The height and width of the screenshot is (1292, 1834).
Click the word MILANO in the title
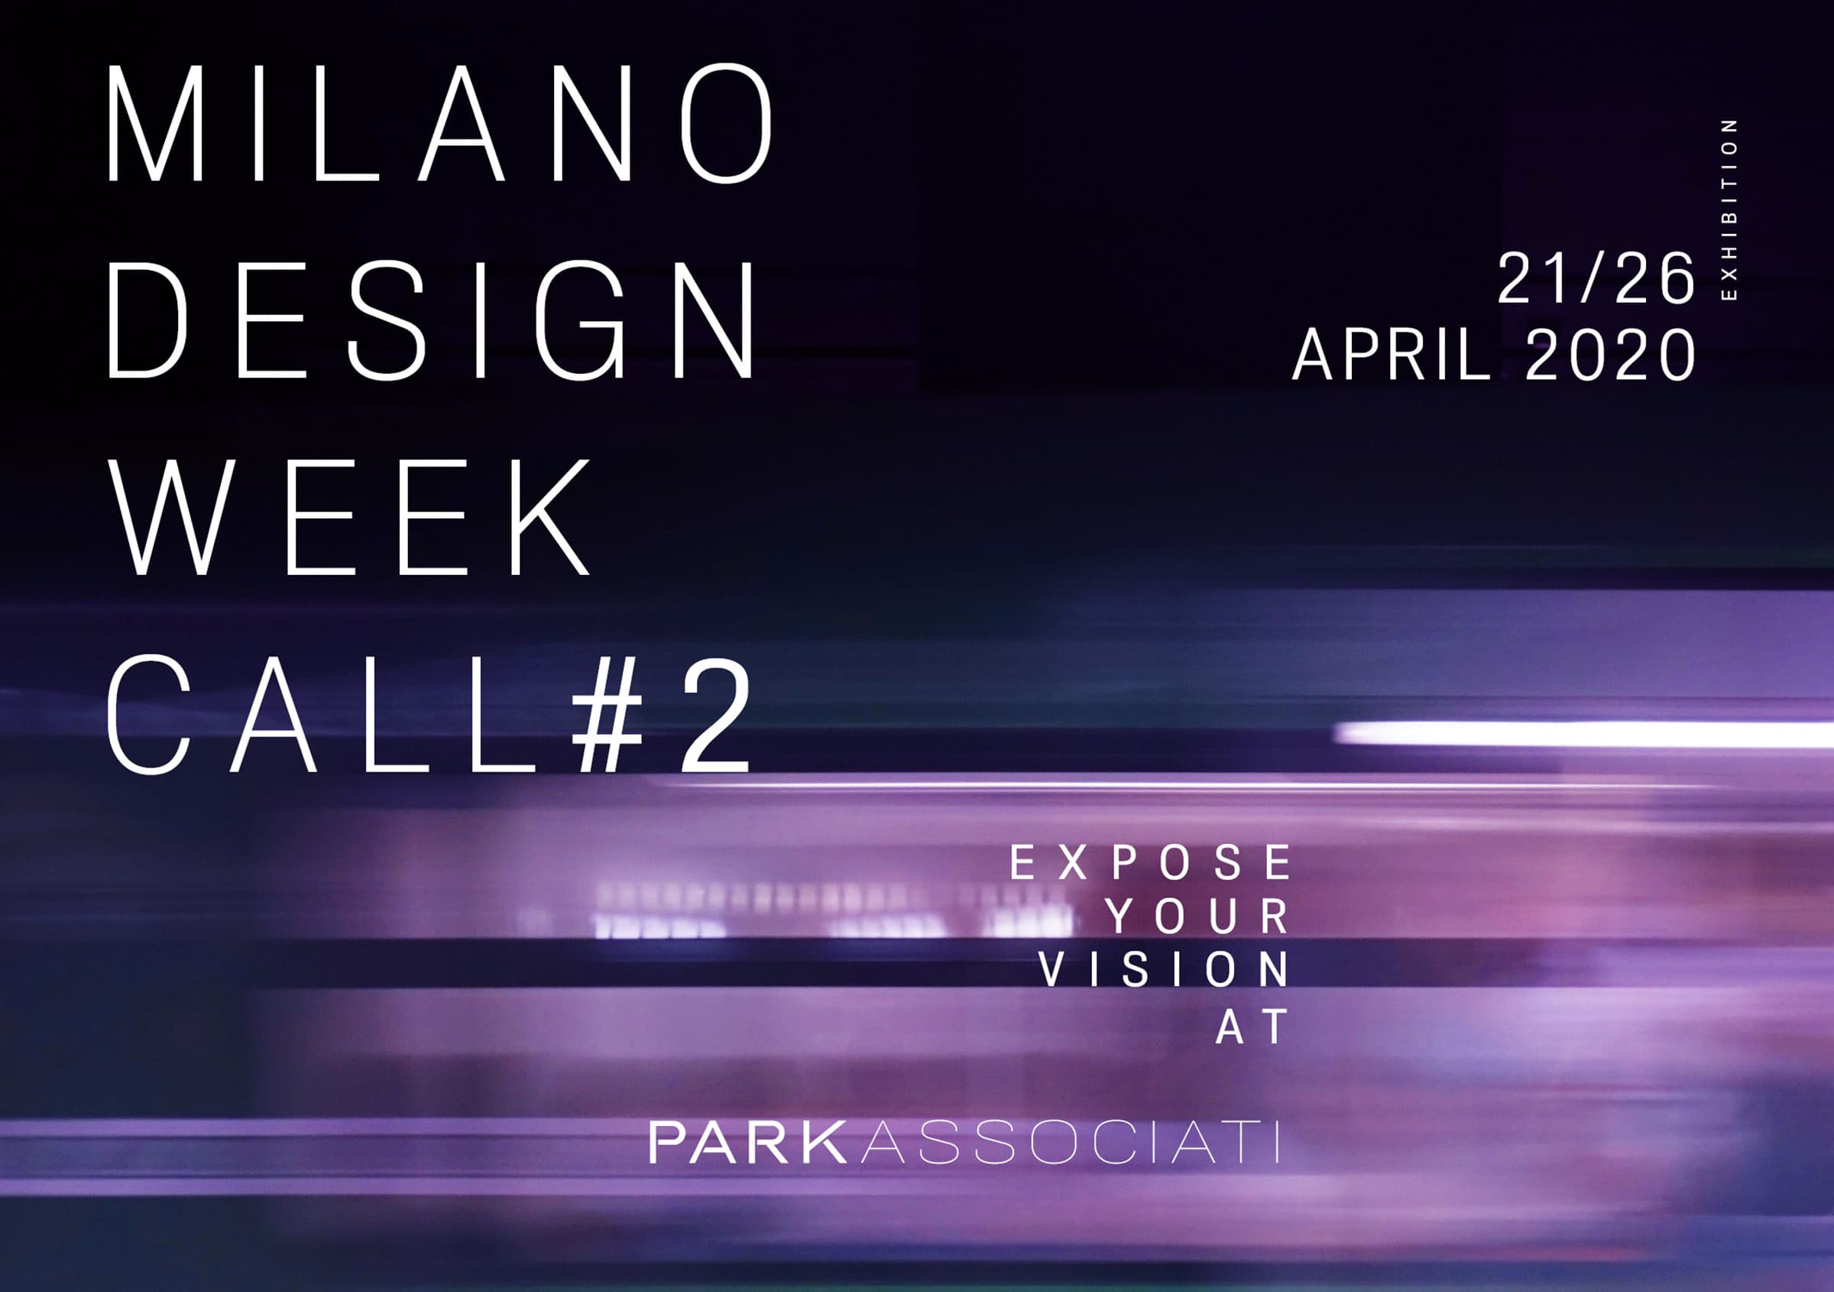440,123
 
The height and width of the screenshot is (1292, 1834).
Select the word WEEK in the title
349,516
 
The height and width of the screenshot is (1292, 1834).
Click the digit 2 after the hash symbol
716,713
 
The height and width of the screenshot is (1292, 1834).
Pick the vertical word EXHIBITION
1729,209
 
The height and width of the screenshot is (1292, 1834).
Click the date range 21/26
1595,278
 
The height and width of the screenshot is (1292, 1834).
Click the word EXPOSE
1150,862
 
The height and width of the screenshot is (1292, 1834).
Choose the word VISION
1164,969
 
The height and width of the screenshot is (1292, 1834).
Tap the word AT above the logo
1252,1026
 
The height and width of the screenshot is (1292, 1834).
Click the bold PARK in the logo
747,1143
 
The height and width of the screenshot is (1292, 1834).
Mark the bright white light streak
1586,733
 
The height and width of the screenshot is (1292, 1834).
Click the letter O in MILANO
726,123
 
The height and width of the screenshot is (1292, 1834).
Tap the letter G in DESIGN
578,319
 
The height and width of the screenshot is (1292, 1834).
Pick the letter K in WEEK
549,516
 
